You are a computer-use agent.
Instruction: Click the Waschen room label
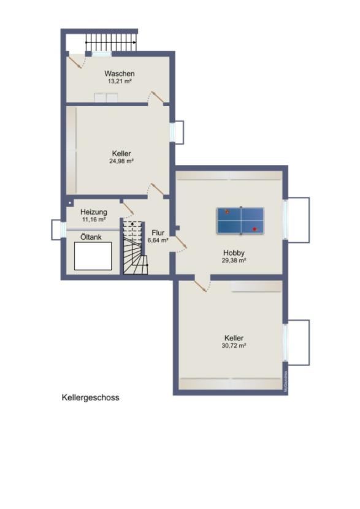(119, 74)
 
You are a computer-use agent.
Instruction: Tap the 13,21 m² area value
(119, 81)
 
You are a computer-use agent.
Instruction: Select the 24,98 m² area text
(121, 161)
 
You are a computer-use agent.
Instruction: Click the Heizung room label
(93, 212)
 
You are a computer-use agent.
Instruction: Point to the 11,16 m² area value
(93, 220)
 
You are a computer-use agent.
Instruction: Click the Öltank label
(91, 236)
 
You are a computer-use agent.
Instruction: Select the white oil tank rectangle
(93, 256)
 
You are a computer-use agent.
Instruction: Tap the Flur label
(158, 233)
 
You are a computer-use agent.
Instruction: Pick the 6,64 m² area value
(158, 240)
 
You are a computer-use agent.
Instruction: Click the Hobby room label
(234, 253)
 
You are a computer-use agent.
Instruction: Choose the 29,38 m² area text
(234, 260)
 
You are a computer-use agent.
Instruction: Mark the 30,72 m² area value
(234, 346)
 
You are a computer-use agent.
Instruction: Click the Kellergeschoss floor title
(90, 397)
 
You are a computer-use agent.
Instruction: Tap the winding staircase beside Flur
(135, 248)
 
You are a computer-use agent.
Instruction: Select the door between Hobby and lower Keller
(201, 285)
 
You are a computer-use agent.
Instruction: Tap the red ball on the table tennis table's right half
(255, 229)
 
